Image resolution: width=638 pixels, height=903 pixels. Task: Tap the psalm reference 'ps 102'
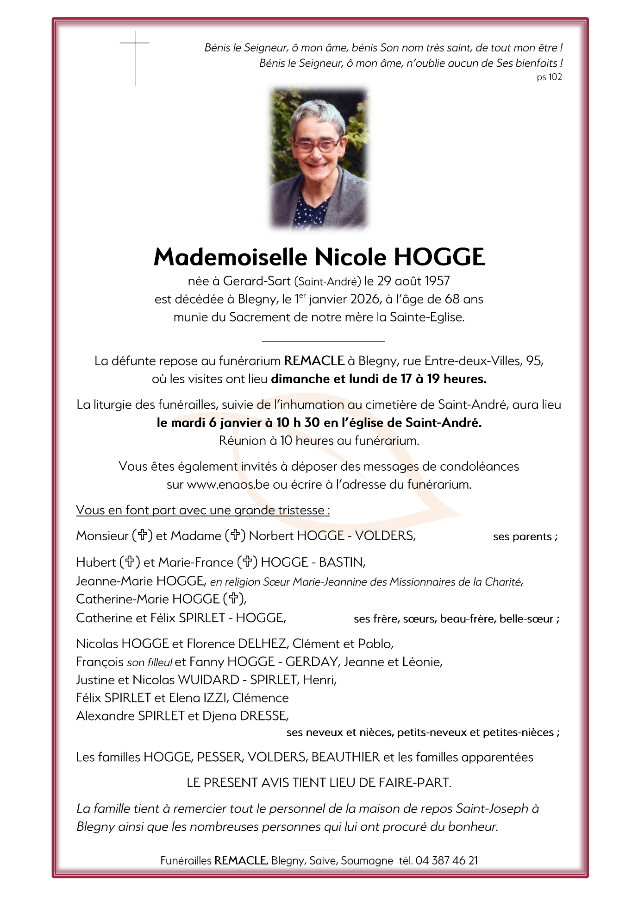click(549, 77)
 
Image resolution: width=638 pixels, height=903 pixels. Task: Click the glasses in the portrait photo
click(318, 145)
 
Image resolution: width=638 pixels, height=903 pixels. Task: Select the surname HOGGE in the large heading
click(439, 257)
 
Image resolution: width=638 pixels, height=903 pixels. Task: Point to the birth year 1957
click(437, 281)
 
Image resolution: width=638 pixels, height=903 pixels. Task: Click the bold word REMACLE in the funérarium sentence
click(314, 361)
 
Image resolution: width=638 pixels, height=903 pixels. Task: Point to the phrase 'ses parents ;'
click(525, 537)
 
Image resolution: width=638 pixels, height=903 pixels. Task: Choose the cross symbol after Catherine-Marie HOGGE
click(233, 599)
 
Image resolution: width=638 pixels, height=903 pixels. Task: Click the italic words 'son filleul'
click(149, 663)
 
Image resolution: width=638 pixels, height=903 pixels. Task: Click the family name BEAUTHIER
click(345, 757)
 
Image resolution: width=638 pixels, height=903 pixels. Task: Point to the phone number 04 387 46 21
click(446, 860)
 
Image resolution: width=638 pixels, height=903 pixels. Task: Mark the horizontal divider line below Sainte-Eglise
click(323, 341)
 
